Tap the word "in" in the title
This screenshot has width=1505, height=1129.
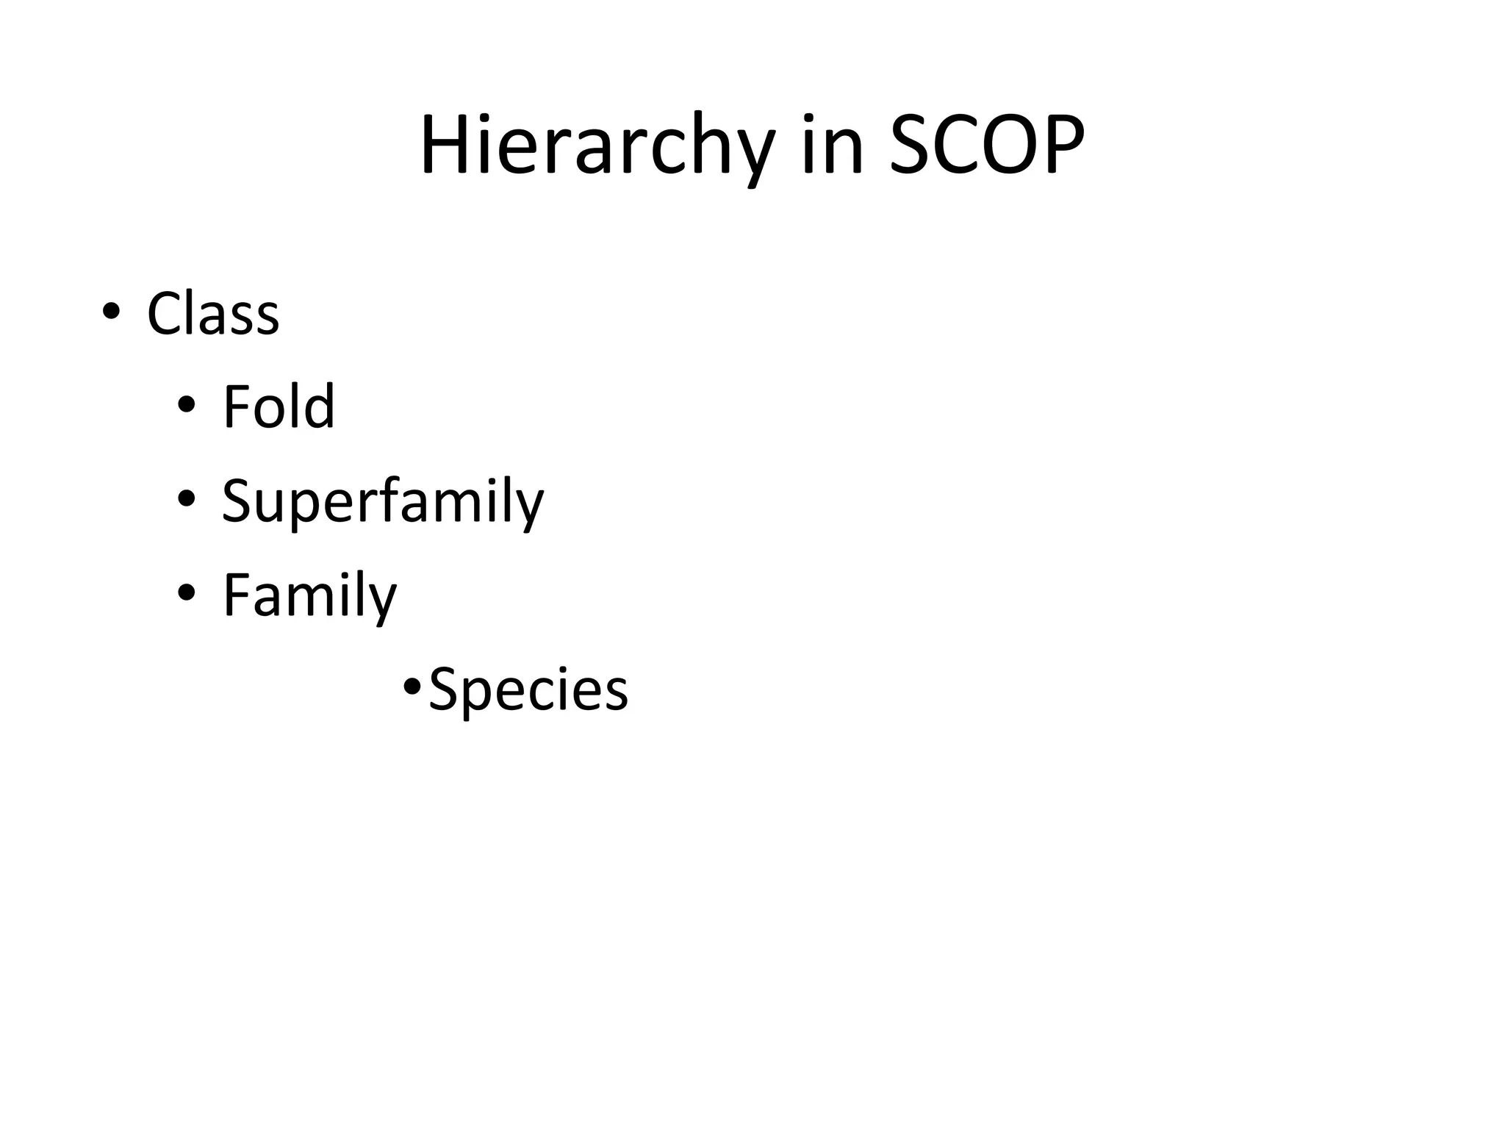[832, 146]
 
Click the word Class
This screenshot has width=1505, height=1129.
[213, 314]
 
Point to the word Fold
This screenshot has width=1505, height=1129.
[279, 406]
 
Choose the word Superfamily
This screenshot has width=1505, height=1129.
[382, 502]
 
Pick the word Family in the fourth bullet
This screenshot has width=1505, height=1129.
[309, 596]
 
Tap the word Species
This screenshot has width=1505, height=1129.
[528, 690]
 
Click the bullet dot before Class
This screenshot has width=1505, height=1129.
[111, 311]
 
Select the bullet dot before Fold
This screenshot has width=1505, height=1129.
[187, 404]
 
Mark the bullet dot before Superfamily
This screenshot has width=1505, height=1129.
[187, 498]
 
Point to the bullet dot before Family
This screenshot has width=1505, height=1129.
[187, 592]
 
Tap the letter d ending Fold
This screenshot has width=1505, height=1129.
[321, 406]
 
